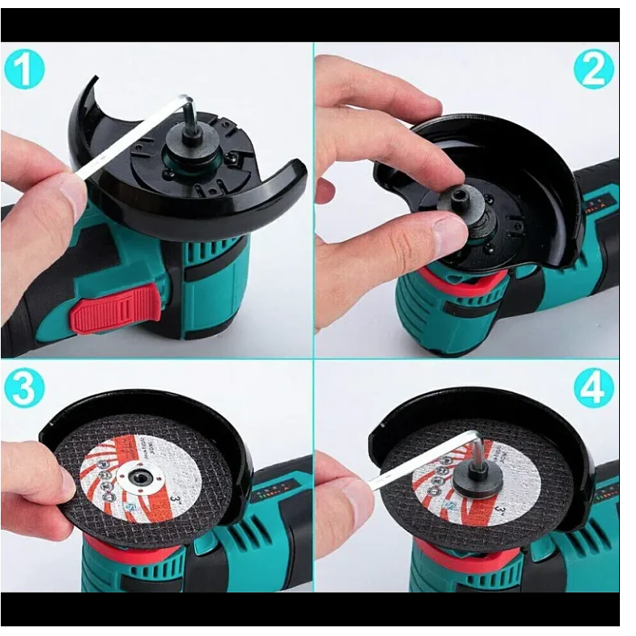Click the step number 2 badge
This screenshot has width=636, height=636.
593,71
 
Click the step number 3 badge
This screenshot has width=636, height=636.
23,390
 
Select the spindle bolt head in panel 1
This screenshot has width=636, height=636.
192,129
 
